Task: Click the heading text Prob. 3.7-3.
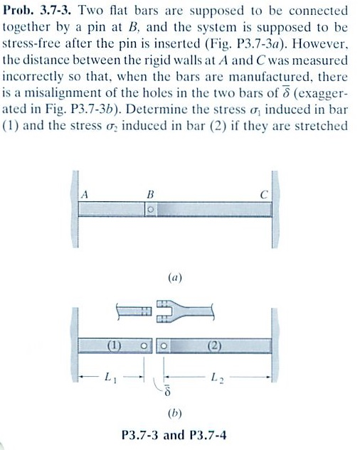[x=35, y=11]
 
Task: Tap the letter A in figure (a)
[x=85, y=193]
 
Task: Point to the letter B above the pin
[x=149, y=193]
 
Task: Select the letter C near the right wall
[x=263, y=193]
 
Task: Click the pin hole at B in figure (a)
[x=151, y=210]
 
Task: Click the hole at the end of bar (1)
[x=144, y=347]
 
